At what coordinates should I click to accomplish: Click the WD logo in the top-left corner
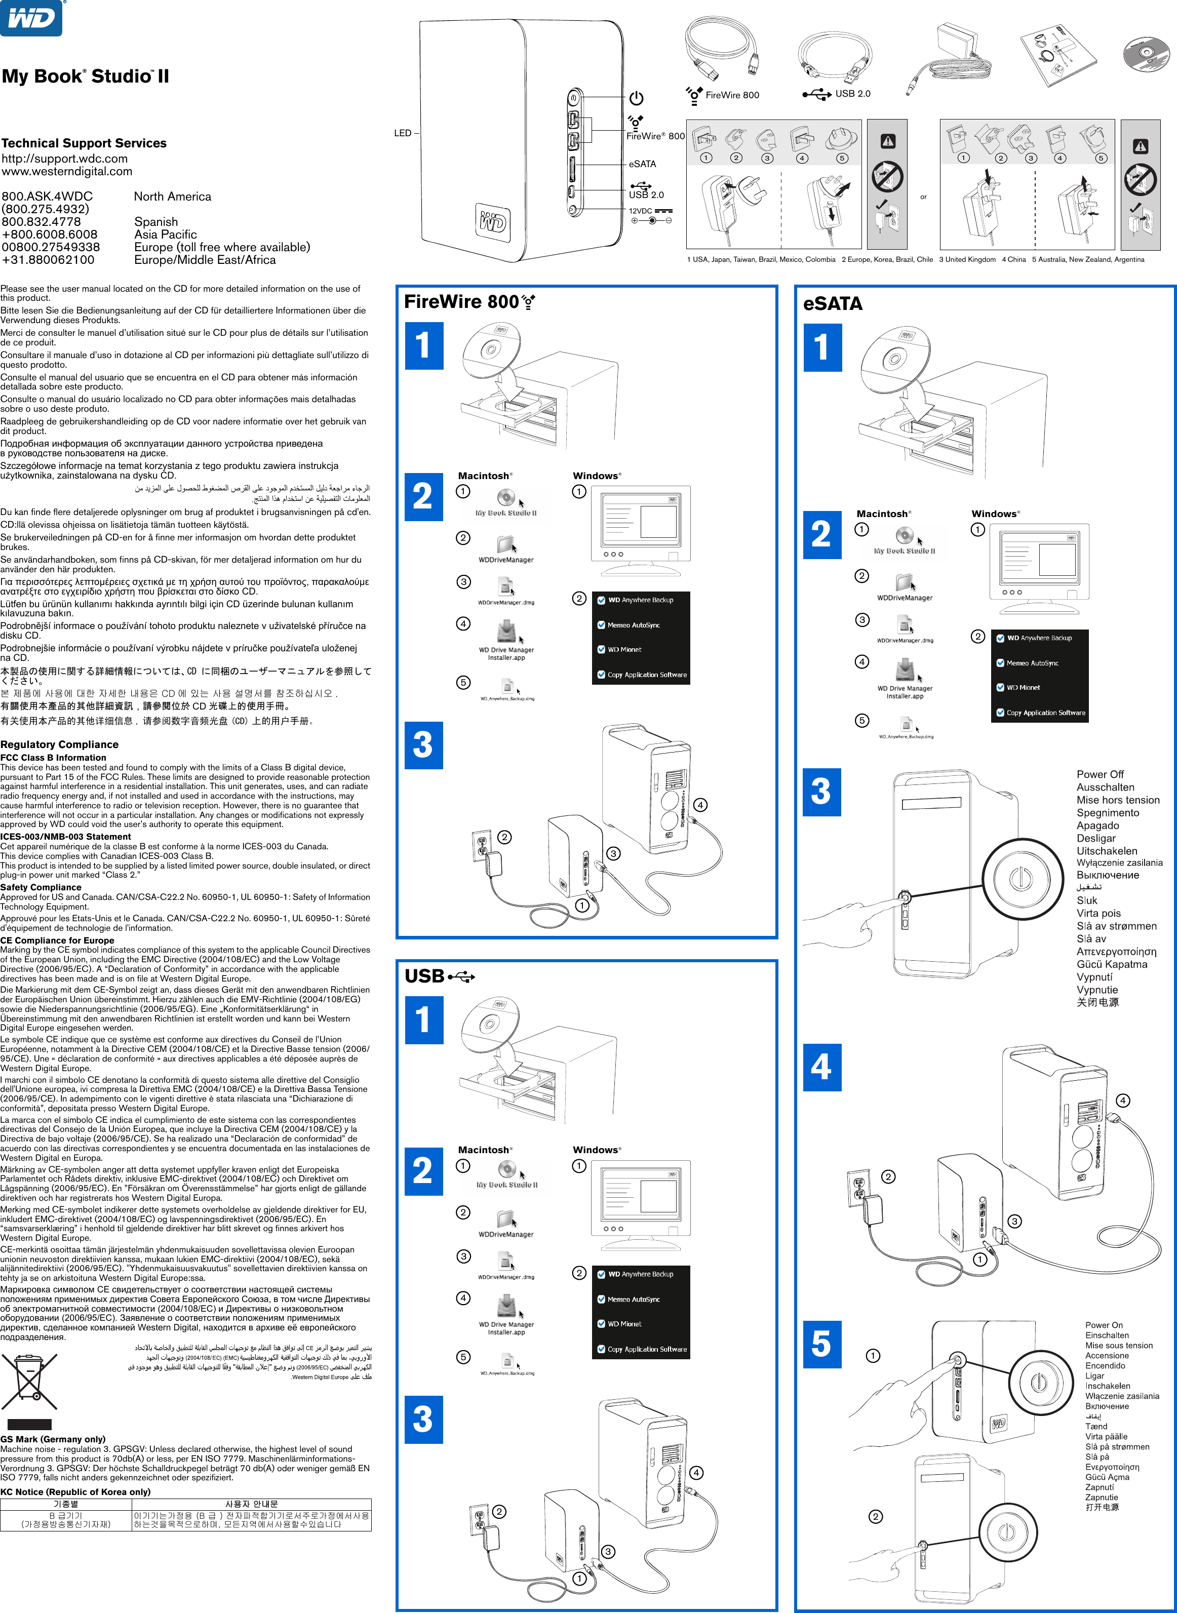[31, 17]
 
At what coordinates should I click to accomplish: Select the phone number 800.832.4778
[42, 222]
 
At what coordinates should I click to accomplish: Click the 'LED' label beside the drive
[403, 133]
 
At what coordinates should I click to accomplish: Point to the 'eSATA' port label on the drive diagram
[642, 164]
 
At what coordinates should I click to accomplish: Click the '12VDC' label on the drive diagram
[640, 211]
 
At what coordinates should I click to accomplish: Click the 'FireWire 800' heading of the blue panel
[461, 302]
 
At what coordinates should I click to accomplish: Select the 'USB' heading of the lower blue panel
[424, 976]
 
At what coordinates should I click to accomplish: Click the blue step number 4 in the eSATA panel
[821, 1067]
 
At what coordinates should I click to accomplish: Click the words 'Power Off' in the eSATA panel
[1100, 774]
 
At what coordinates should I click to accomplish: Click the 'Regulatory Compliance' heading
[59, 744]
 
